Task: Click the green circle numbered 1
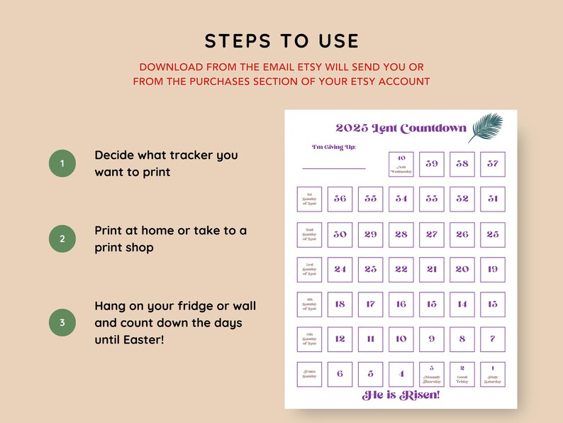point(62,164)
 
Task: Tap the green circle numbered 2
point(62,239)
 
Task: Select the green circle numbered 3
point(62,322)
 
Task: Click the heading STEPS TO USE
point(281,41)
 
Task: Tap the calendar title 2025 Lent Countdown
point(401,128)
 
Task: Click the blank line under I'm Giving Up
point(334,168)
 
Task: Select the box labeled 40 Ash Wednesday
point(401,164)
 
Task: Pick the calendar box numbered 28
point(401,234)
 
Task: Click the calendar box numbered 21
point(432,269)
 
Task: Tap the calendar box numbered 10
point(401,339)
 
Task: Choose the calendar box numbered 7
point(493,339)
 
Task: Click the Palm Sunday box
point(309,374)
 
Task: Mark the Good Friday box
point(462,374)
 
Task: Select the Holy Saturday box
point(493,374)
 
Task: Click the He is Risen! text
point(401,395)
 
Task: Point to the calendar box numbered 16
point(401,304)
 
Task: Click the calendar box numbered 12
point(340,339)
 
